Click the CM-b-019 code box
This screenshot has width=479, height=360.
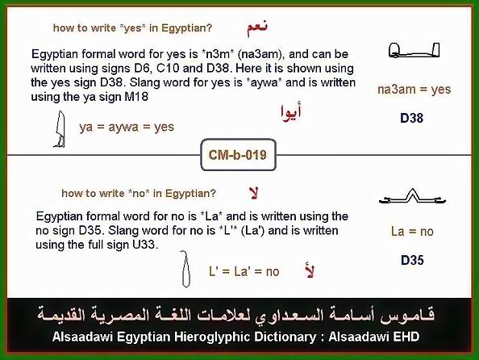click(238, 155)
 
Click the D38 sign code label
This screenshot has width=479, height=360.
click(411, 119)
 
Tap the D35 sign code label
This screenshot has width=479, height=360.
click(412, 260)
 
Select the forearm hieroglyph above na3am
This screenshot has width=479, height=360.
click(414, 50)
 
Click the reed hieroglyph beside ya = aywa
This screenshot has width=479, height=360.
click(60, 129)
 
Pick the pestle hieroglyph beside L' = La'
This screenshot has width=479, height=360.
click(185, 269)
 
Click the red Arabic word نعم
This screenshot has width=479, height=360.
click(257, 28)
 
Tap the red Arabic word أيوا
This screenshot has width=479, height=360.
click(291, 112)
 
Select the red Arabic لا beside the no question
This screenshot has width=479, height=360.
click(253, 193)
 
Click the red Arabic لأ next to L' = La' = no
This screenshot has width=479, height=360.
click(310, 270)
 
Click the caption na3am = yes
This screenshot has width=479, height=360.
click(414, 90)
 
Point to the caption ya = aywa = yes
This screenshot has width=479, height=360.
click(127, 127)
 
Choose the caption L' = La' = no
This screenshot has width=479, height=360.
click(244, 271)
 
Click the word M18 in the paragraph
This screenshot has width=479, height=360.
click(136, 97)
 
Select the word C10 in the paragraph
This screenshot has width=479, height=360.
click(168, 69)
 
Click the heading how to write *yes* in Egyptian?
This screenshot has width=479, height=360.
click(132, 27)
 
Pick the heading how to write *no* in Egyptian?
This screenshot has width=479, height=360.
click(139, 193)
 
